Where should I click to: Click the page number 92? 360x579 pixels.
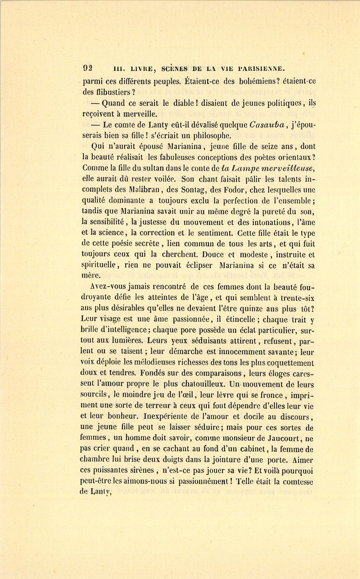(87, 68)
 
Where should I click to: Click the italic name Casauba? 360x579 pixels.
(266, 125)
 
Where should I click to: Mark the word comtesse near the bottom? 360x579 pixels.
(298, 481)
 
